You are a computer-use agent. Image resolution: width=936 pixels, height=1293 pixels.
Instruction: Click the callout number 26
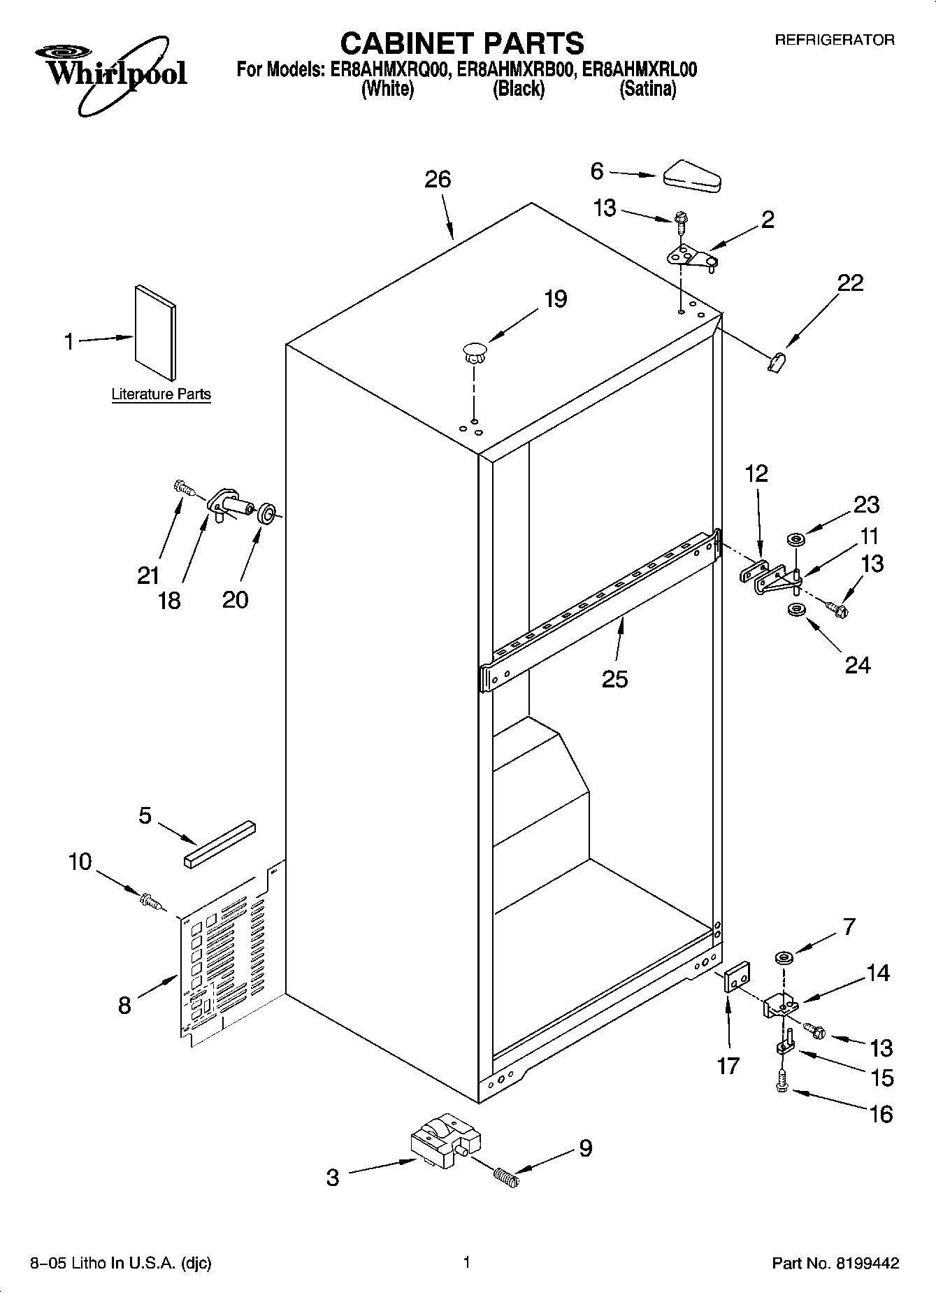click(x=438, y=180)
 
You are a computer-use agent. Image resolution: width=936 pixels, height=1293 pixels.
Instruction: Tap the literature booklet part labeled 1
click(x=155, y=331)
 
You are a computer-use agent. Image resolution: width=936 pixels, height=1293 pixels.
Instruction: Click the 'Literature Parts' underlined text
click(x=161, y=394)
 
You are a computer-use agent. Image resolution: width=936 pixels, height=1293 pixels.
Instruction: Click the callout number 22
click(x=850, y=283)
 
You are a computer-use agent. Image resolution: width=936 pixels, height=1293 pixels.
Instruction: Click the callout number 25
click(x=614, y=678)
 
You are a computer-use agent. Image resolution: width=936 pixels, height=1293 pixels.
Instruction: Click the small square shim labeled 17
click(x=736, y=977)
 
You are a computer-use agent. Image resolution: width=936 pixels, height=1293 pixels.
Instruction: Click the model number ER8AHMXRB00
click(x=518, y=70)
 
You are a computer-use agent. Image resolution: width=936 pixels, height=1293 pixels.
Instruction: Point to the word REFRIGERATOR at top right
click(x=834, y=40)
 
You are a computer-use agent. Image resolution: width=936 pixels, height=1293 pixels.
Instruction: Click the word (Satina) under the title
click(x=647, y=90)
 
